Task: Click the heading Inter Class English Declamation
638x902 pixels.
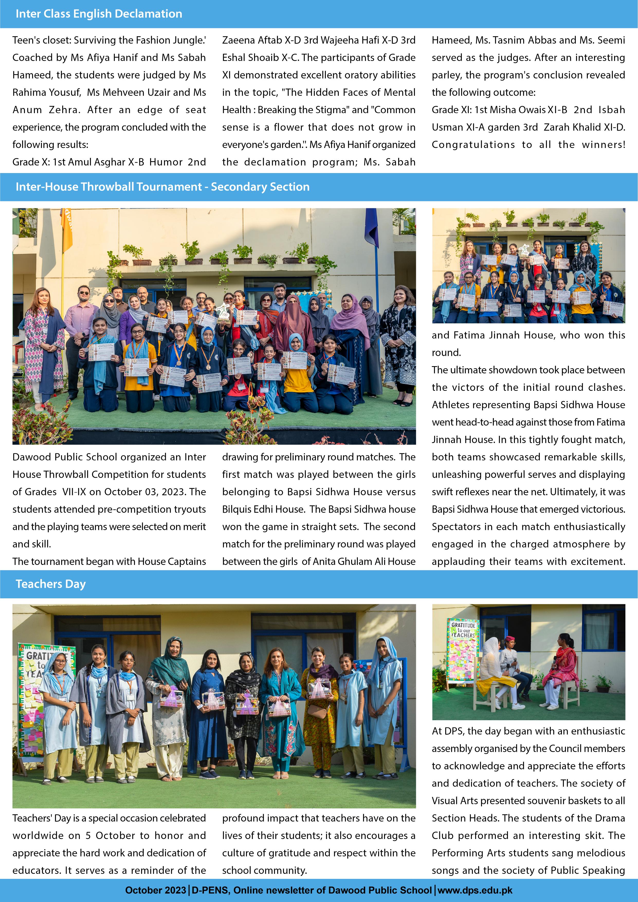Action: (99, 14)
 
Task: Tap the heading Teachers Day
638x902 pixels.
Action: (51, 584)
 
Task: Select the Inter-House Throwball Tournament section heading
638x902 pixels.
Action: (162, 187)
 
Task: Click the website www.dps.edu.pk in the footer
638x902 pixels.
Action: (475, 890)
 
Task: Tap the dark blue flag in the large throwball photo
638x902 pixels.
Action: (371, 228)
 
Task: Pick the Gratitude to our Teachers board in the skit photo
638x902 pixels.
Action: (463, 651)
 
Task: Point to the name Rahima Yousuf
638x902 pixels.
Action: (46, 92)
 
